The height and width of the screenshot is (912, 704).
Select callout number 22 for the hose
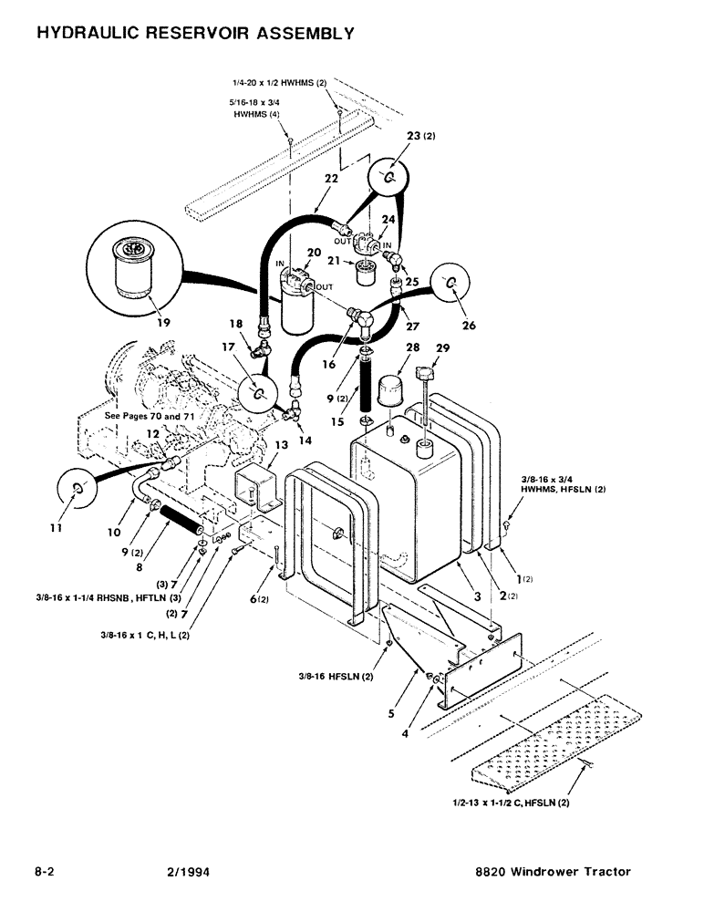coord(330,180)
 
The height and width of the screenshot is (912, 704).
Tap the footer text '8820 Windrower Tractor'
coord(554,872)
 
